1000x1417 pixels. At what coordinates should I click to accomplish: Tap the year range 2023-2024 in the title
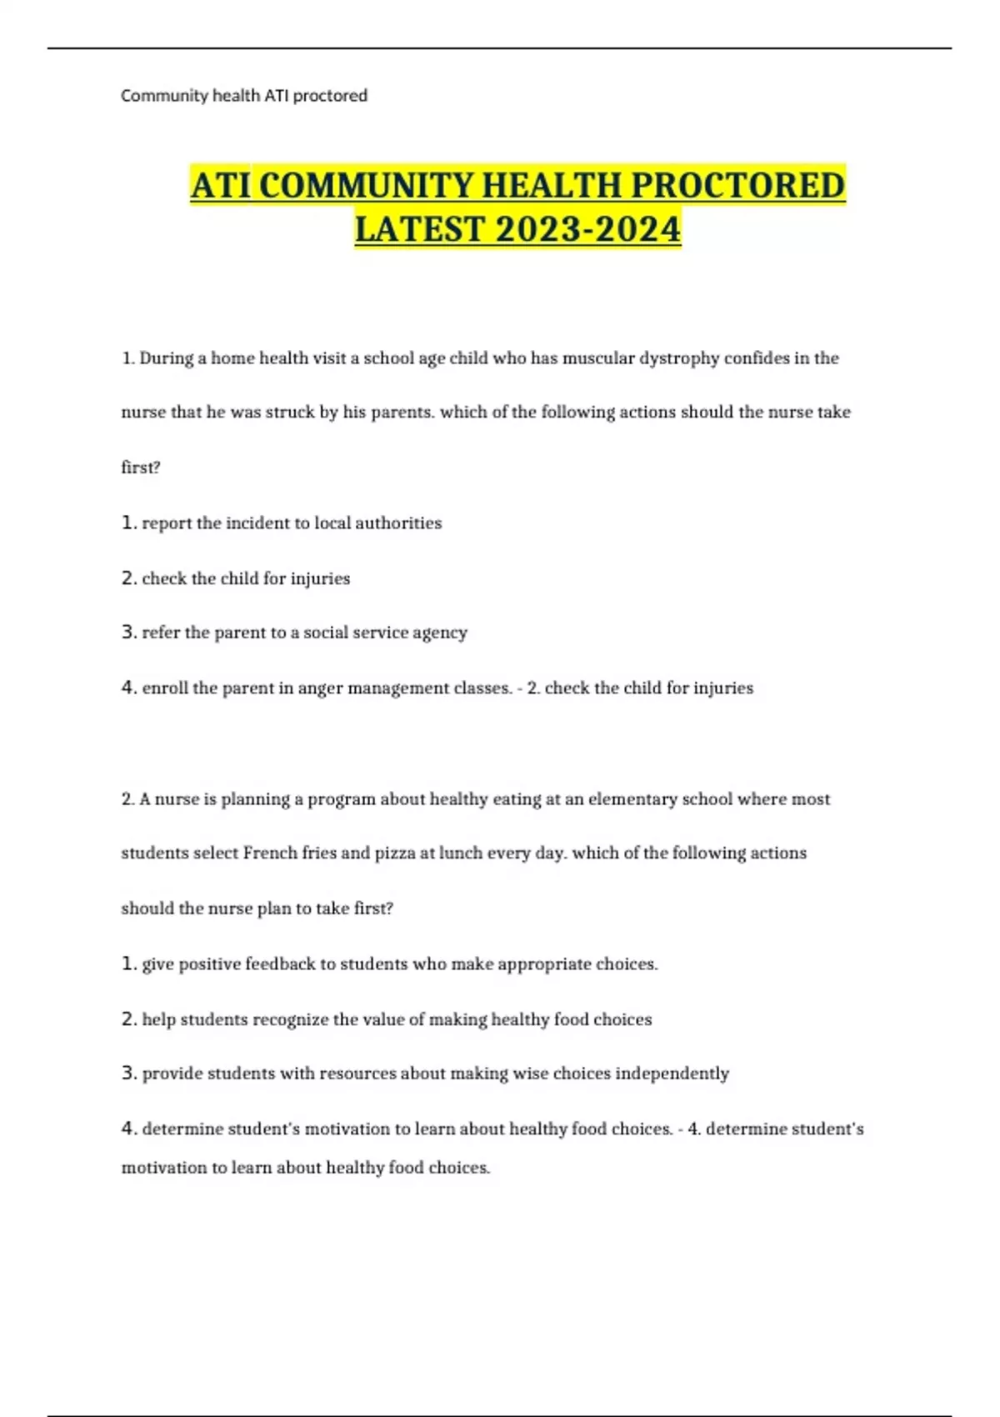click(587, 229)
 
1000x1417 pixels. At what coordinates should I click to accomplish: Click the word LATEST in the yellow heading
click(419, 229)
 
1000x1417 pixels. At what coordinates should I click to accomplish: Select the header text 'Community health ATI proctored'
click(244, 96)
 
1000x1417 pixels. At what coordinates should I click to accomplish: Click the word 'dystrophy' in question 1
click(678, 358)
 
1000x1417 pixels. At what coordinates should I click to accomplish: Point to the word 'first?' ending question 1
click(141, 468)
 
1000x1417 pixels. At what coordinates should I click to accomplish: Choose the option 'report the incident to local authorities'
click(292, 523)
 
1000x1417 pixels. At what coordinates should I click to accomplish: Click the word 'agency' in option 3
click(440, 633)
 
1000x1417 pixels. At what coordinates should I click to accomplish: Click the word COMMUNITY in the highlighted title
click(367, 185)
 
